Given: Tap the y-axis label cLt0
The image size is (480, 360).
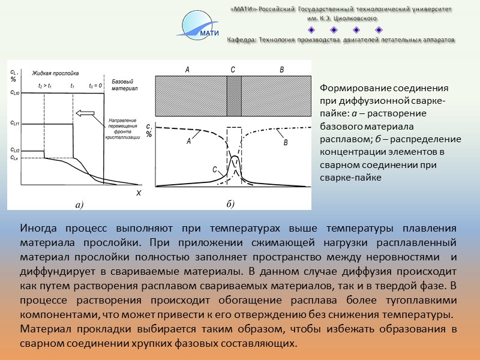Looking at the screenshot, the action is (x=15, y=93).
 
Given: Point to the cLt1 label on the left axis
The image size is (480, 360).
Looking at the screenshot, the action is (x=15, y=123).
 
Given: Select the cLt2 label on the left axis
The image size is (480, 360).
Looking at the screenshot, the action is (x=15, y=150).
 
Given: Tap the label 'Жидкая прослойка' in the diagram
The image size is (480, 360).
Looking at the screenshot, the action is (x=53, y=71).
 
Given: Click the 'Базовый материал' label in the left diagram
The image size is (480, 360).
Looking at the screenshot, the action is (x=125, y=84).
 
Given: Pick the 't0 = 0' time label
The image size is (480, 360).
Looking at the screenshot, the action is (x=97, y=86).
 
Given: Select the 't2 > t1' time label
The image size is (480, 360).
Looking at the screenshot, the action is (x=45, y=86).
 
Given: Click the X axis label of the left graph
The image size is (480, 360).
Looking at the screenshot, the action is (x=138, y=193).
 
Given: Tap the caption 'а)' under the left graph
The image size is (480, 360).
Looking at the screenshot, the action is (x=79, y=205).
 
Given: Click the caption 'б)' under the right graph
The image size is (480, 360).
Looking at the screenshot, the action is (x=230, y=204).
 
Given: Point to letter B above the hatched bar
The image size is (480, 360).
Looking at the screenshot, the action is (x=281, y=70).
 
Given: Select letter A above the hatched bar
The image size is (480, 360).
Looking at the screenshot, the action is (x=187, y=70).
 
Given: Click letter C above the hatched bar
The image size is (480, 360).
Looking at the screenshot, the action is (x=233, y=70).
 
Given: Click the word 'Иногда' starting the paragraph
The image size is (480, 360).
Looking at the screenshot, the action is (x=39, y=229).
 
